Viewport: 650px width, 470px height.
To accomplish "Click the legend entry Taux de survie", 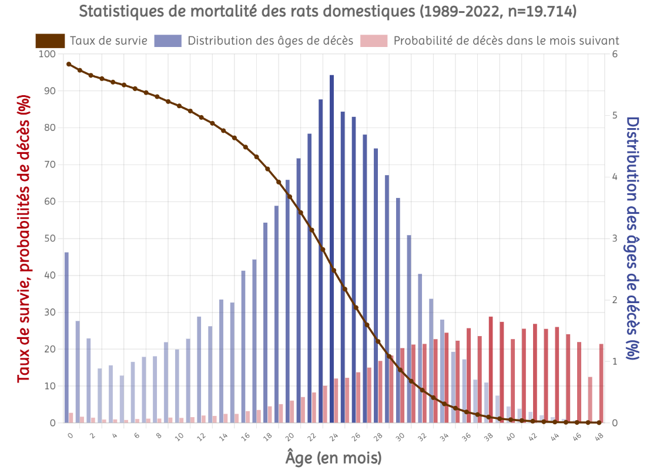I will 108,41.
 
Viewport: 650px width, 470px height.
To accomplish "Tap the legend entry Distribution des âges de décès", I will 270,41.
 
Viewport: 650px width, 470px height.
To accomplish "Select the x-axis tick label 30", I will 399,437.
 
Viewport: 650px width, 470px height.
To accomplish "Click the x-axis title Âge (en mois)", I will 333,457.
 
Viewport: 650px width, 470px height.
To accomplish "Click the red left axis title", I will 24,238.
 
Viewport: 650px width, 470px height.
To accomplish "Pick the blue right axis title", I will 632,238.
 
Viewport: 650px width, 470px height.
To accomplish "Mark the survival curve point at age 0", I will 69,64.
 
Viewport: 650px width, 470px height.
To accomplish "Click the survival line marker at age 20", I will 290,197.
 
